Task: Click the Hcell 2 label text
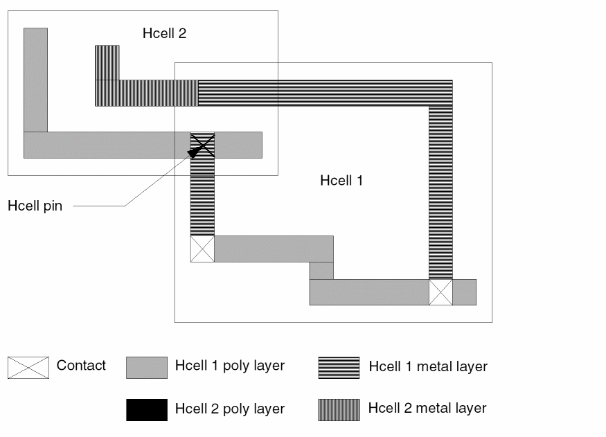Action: (x=164, y=33)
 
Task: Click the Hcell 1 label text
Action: (x=341, y=181)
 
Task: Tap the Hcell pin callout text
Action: (x=35, y=206)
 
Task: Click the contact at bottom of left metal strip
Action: (x=202, y=249)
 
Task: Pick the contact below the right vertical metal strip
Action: (x=440, y=292)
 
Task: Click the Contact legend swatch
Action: (x=28, y=368)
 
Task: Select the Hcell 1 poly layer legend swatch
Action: (x=146, y=368)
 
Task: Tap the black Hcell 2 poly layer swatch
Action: (x=146, y=410)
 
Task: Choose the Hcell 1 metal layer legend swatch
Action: (x=339, y=368)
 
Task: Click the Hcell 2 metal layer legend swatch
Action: (x=339, y=410)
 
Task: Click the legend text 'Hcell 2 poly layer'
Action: (x=230, y=409)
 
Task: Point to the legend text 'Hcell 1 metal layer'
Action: (x=428, y=366)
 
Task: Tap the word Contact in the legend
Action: (x=81, y=366)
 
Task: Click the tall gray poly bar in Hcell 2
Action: (x=35, y=80)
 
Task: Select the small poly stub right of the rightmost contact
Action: (x=464, y=292)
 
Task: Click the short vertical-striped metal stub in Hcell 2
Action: (x=107, y=62)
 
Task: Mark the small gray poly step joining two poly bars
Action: (x=321, y=270)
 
